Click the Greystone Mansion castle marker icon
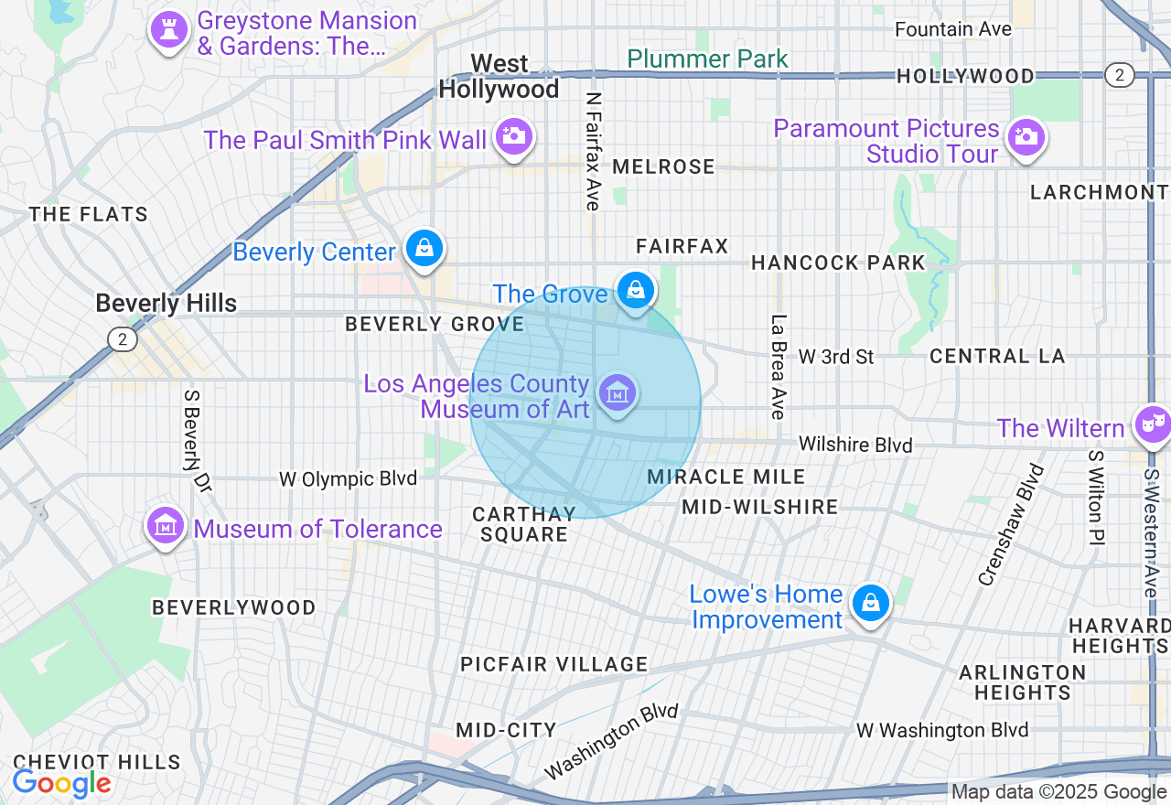168,30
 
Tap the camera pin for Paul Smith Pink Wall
513,136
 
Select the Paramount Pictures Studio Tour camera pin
1026,138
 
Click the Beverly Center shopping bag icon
424,247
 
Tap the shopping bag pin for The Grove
635,290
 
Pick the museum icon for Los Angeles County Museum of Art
618,393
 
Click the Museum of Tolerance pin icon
165,525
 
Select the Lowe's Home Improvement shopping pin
870,603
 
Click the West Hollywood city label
500,76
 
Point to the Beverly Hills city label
166,304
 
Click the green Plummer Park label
707,59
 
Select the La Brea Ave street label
779,367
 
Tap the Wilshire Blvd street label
855,445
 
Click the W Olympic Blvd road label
348,478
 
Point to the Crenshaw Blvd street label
1011,524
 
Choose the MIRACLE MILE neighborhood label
725,477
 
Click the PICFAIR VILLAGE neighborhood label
553,664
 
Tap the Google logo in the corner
61,784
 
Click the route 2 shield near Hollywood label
1119,75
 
